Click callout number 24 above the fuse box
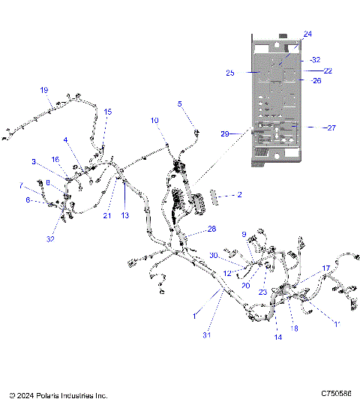(307, 34)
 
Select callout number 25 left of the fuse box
(229, 73)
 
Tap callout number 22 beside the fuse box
(307, 70)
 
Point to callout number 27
(329, 127)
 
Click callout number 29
(225, 133)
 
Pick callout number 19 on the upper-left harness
(43, 90)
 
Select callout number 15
(107, 112)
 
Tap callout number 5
(179, 103)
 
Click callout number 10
(154, 120)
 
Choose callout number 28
(211, 228)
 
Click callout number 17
(326, 268)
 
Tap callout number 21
(106, 215)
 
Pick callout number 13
(125, 215)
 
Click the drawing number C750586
(336, 394)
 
